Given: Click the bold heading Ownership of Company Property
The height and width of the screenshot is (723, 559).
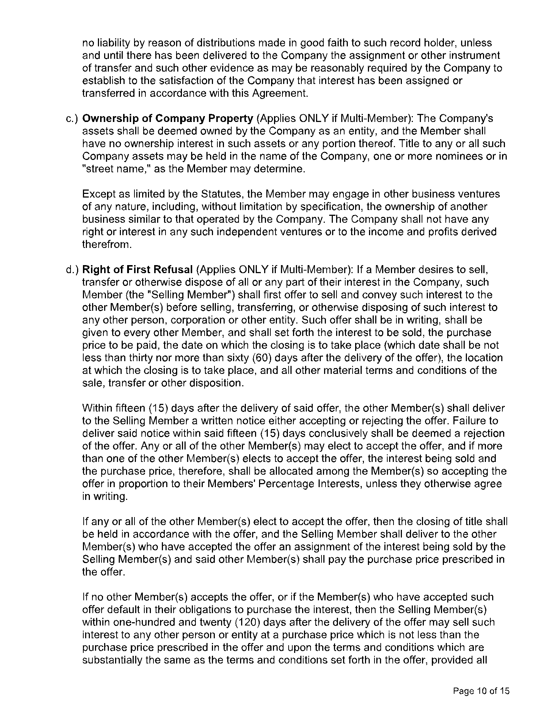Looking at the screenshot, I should pos(168,119).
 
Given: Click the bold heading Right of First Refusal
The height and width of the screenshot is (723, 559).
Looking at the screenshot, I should pos(137,269).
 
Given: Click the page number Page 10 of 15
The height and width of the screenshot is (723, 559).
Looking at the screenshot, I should pos(481,691).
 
